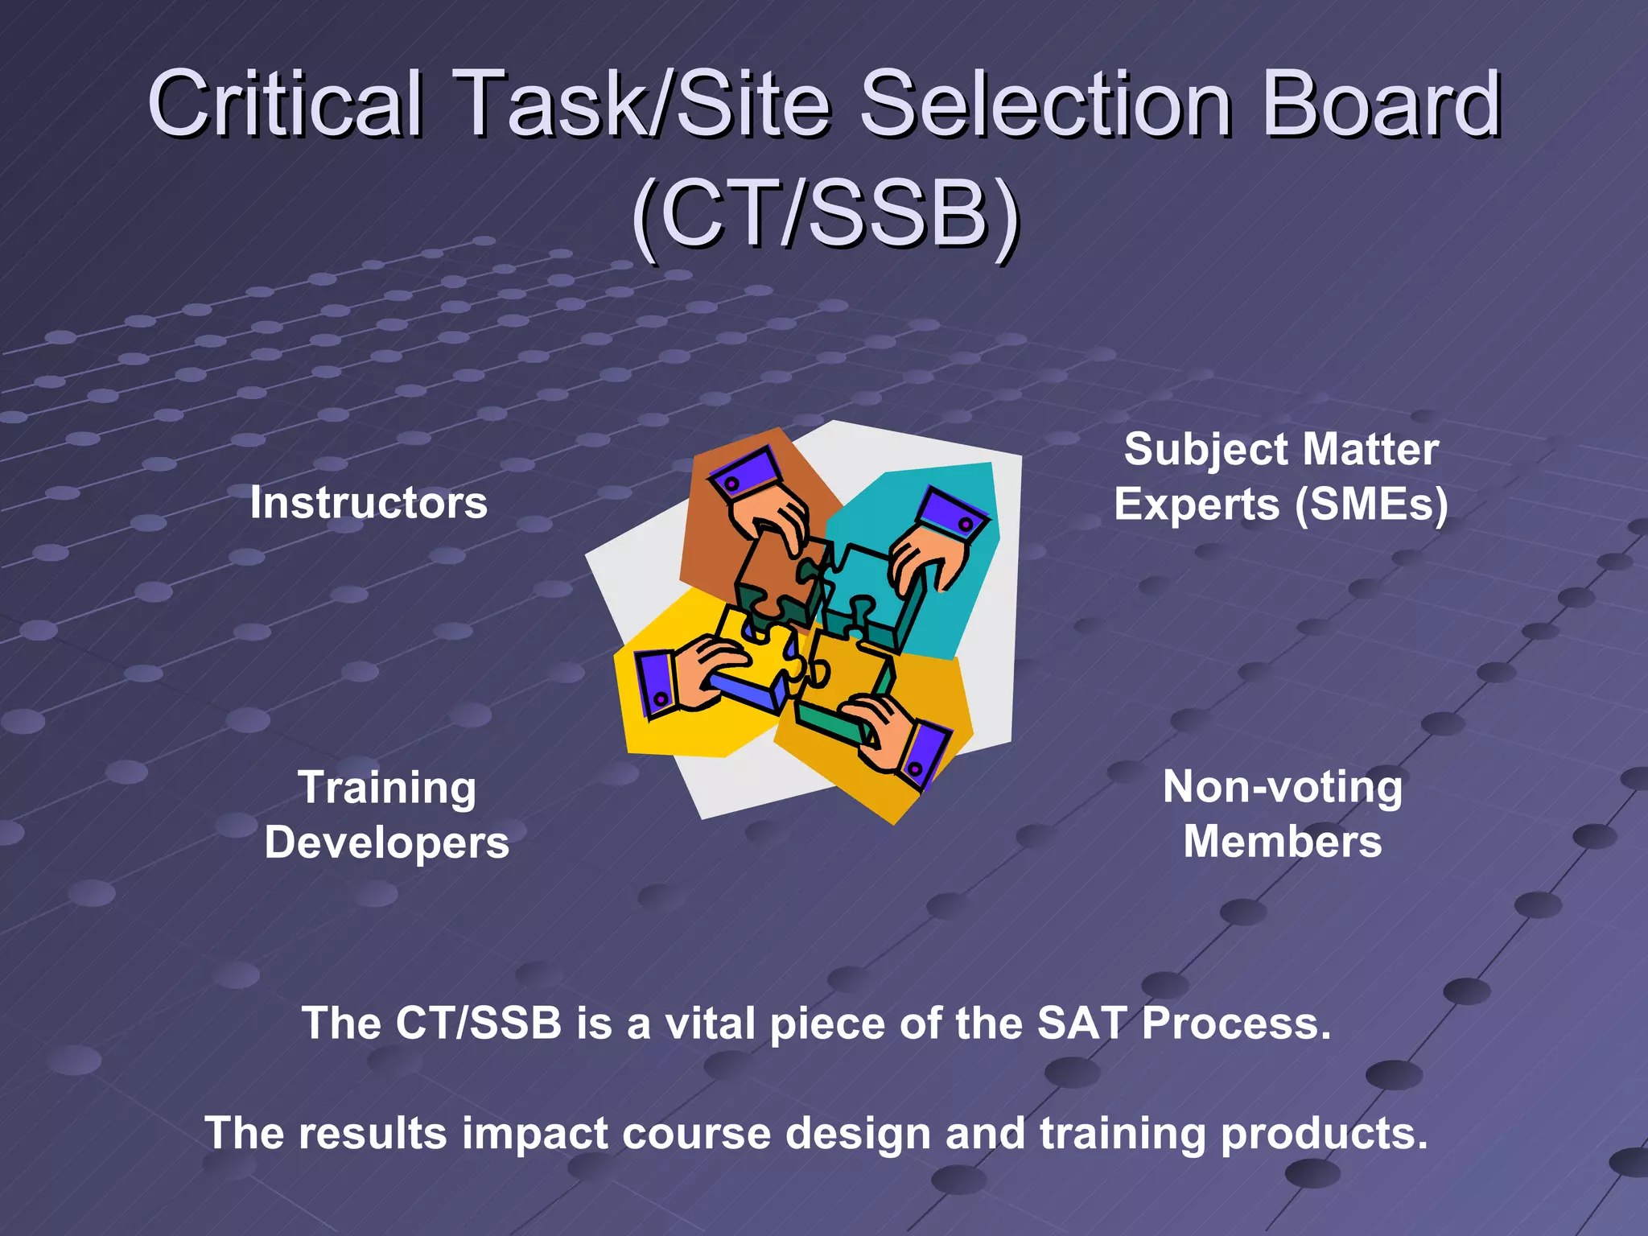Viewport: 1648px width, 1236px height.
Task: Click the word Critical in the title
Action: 286,105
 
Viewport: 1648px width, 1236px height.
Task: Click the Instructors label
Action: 369,503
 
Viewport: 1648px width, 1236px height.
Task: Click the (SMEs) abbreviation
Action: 1371,505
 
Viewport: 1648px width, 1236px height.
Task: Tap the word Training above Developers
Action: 387,787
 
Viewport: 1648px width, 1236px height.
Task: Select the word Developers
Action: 387,843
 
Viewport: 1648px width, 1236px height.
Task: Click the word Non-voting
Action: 1283,787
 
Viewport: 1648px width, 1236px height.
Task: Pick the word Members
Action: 1283,843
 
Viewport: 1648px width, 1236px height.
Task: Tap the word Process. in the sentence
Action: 1236,1024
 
